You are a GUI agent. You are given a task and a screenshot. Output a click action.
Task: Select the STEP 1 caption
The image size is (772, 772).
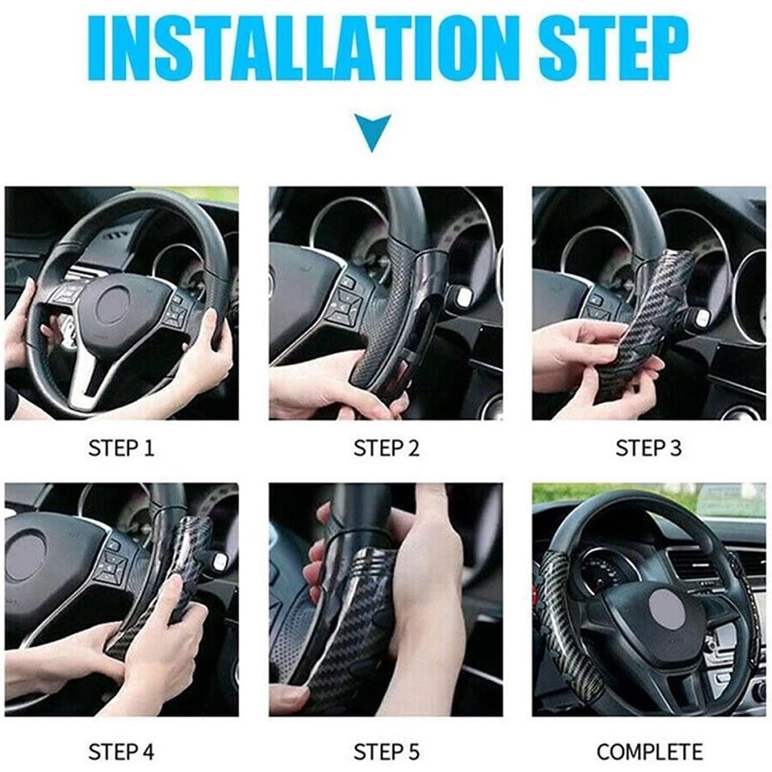pyautogui.click(x=121, y=448)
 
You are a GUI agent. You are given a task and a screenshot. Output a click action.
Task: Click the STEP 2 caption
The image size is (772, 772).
pyautogui.click(x=387, y=448)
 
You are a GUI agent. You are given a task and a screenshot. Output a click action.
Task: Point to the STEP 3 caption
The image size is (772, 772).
pyautogui.click(x=648, y=448)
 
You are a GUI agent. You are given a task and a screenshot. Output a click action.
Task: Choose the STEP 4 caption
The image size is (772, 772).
pyautogui.click(x=121, y=752)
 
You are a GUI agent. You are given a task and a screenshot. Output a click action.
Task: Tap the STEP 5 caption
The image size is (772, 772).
pyautogui.click(x=387, y=752)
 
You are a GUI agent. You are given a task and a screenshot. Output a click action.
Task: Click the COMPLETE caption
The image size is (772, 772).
pyautogui.click(x=649, y=752)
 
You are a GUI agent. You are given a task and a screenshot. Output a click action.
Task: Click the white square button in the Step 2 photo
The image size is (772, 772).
pyautogui.click(x=464, y=296)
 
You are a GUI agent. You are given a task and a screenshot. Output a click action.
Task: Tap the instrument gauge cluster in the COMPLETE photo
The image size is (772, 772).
pyautogui.click(x=605, y=571)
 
